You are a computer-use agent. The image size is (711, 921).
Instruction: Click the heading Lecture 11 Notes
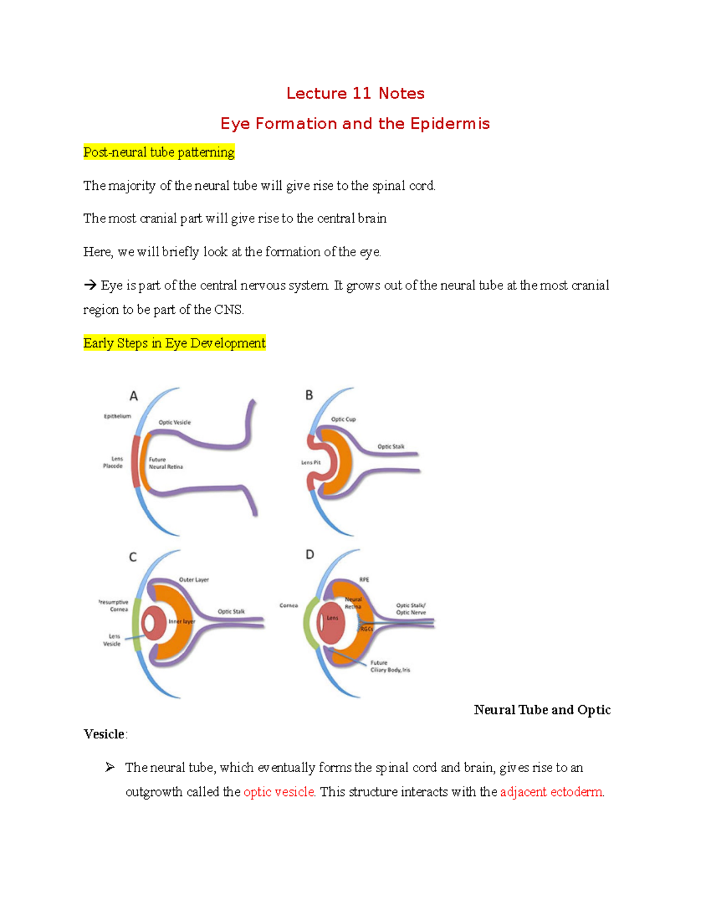(355, 94)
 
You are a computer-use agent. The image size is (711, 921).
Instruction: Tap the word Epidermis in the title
(450, 124)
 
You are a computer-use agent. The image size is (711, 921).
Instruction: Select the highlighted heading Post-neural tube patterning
(159, 152)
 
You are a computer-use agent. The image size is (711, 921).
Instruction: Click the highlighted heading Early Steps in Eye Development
(174, 343)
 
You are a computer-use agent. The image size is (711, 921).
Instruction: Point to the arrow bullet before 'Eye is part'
(90, 286)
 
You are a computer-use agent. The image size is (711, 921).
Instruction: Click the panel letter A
(134, 396)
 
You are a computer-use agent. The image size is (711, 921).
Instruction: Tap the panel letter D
(310, 554)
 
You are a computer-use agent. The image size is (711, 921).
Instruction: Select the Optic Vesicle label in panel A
(174, 423)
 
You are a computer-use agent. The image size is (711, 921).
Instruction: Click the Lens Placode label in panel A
(113, 463)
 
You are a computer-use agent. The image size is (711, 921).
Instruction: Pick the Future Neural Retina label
(165, 463)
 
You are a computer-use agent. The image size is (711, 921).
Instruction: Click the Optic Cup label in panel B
(343, 419)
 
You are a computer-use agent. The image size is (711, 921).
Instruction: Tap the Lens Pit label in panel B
(310, 463)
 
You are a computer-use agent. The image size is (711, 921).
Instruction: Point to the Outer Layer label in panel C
(194, 579)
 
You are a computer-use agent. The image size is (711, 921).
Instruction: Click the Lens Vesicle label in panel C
(112, 640)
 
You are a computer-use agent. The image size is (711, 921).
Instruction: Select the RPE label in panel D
(364, 579)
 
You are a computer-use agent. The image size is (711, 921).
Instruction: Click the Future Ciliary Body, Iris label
(390, 667)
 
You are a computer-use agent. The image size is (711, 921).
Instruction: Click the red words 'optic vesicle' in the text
(278, 792)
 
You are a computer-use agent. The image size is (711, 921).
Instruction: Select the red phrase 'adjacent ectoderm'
(552, 792)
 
